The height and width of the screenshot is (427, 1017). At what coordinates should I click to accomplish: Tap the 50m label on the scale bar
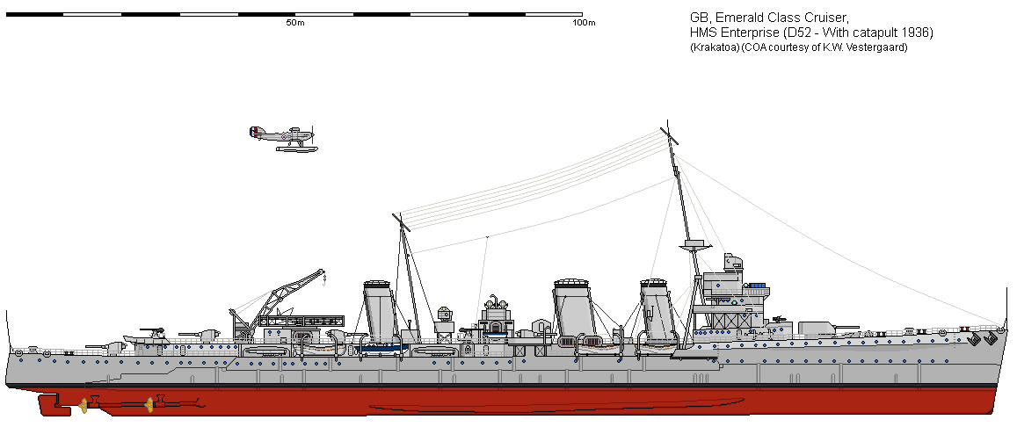point(294,23)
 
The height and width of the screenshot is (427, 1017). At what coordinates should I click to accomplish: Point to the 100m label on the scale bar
point(584,23)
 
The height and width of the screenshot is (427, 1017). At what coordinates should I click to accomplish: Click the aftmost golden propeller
point(85,404)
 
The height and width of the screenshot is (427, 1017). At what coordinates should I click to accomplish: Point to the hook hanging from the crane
point(324,281)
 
